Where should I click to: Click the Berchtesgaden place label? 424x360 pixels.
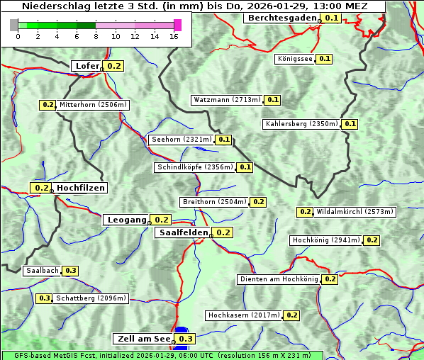click(x=281, y=18)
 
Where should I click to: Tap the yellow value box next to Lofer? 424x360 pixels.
click(x=113, y=66)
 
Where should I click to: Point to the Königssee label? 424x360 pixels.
click(x=295, y=59)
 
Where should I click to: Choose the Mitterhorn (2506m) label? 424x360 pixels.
click(x=94, y=105)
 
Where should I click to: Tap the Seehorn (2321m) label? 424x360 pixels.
click(x=182, y=140)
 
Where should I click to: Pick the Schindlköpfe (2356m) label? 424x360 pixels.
click(x=194, y=167)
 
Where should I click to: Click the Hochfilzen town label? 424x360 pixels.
click(x=81, y=188)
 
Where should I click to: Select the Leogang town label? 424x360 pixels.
click(x=127, y=220)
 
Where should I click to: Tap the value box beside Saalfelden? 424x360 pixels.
click(x=223, y=232)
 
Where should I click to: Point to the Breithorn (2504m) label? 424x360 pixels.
click(x=214, y=202)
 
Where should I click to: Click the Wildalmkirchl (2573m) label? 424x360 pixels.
click(x=355, y=212)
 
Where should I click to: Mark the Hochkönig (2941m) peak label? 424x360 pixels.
click(x=326, y=240)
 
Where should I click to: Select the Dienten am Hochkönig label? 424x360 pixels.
click(x=279, y=279)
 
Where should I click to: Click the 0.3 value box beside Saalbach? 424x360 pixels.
click(x=70, y=271)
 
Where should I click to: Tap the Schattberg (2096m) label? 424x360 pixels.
click(x=91, y=298)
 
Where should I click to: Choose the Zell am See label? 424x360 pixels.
click(x=143, y=339)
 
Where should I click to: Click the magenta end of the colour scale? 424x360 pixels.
click(x=177, y=25)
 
